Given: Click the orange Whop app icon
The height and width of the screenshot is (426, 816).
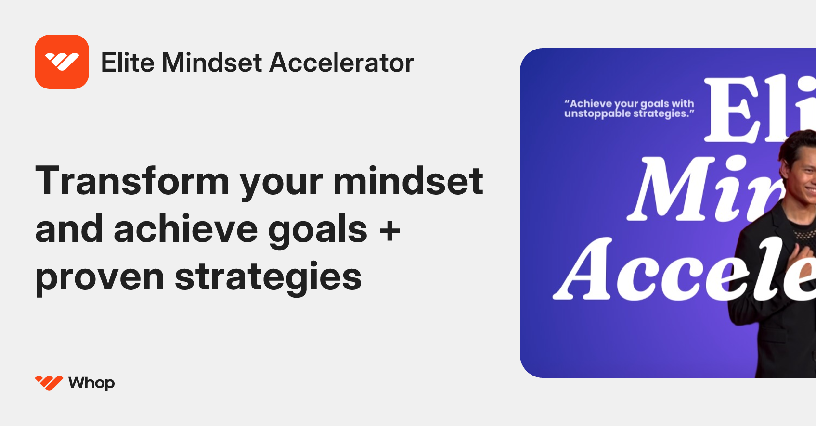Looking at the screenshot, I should (62, 62).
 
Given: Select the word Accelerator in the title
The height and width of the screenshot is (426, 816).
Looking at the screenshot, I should (341, 63).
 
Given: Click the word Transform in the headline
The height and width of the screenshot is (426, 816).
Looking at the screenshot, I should (132, 181).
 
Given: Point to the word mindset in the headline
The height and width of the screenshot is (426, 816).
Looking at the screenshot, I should (408, 181).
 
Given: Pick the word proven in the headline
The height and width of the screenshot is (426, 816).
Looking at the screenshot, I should (100, 278).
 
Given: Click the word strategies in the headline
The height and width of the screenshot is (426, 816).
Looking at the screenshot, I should (268, 278).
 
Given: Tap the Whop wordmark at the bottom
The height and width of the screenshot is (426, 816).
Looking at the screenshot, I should (91, 383).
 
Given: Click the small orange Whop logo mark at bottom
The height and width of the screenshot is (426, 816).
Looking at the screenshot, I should (49, 383).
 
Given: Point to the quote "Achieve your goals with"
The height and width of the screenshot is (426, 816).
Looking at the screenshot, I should (630, 103).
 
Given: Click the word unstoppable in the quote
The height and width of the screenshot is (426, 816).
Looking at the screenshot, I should (597, 114).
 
